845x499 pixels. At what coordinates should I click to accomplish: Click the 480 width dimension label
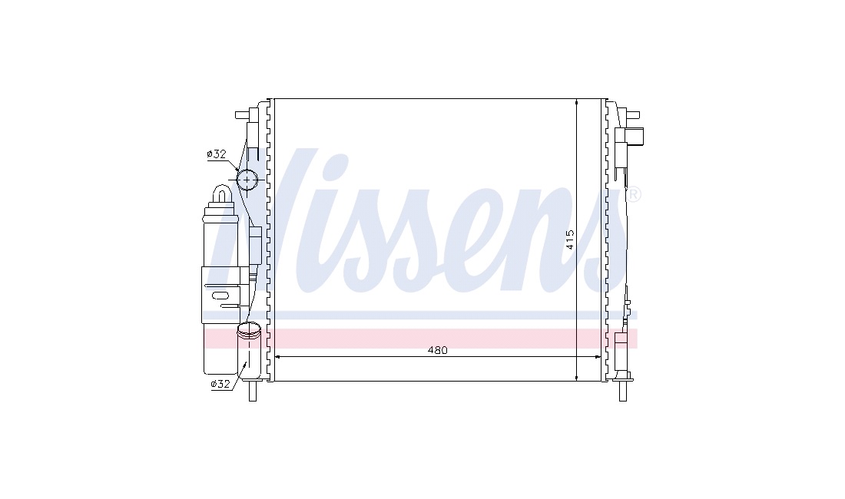click(438, 350)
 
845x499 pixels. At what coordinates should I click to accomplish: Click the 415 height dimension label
click(570, 240)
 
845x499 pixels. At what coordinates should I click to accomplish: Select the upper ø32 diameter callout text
click(217, 154)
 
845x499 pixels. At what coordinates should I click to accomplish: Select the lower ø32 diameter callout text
click(220, 384)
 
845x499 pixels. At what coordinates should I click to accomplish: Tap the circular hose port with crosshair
click(247, 180)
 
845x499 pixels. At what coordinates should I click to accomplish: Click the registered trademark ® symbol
click(633, 194)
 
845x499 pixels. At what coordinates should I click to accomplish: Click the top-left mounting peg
click(242, 115)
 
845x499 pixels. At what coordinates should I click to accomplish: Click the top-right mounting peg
click(634, 115)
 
